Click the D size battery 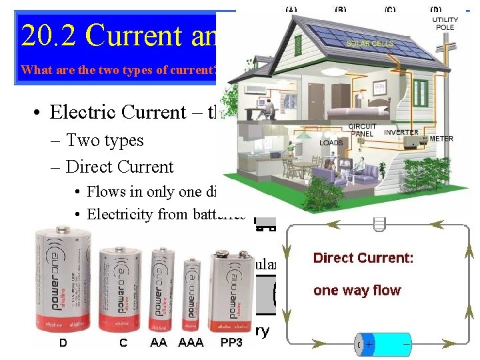(63, 280)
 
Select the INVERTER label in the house (401, 132)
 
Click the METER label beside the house (441, 139)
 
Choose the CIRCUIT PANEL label (363, 130)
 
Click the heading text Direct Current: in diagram (363, 257)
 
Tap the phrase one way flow (357, 290)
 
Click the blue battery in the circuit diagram (385, 345)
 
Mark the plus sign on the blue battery (369, 345)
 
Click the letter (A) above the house (291, 10)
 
